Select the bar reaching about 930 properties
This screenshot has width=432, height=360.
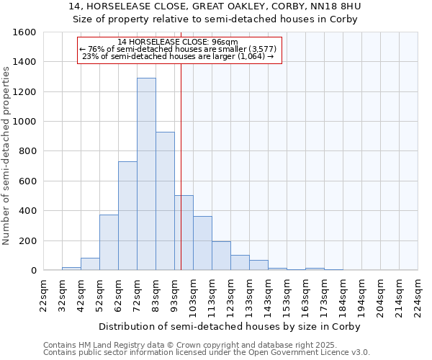coord(165,201)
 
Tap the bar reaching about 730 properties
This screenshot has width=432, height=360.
coord(127,216)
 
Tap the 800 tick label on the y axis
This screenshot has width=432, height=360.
coord(27,151)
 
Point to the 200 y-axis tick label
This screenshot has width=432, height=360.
coord(27,240)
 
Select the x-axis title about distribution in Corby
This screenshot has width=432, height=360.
coord(229,326)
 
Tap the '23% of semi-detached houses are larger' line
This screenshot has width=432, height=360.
coord(179,56)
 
